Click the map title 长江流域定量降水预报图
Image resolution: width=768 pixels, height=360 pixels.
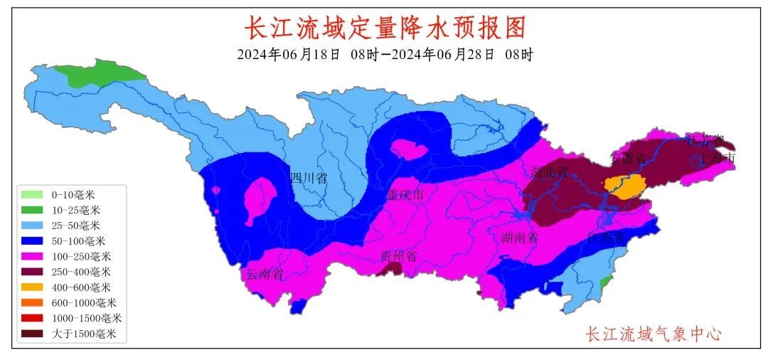click(x=385, y=28)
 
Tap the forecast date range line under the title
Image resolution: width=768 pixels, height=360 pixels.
click(x=385, y=55)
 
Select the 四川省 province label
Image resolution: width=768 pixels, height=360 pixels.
click(x=309, y=178)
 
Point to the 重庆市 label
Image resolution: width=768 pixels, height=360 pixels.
click(x=405, y=194)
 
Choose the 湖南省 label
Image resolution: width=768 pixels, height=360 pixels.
click(x=518, y=238)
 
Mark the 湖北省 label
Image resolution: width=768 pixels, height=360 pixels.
click(x=549, y=171)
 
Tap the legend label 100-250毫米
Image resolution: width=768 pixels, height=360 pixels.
click(x=81, y=256)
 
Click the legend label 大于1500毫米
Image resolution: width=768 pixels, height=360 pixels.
click(x=84, y=334)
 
